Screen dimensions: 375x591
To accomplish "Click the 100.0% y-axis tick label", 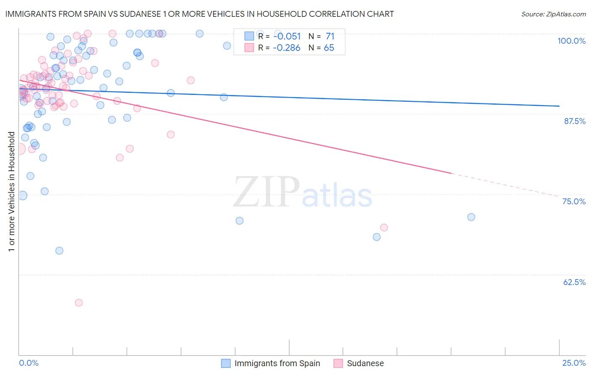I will click(571, 41).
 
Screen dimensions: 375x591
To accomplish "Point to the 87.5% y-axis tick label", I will click(575, 121).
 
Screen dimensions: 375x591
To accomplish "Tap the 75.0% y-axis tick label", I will click(574, 201).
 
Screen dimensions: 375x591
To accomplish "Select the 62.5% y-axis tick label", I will click(574, 282).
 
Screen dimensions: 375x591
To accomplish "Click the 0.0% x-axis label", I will click(29, 363).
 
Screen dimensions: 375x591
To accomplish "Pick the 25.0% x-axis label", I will click(574, 363).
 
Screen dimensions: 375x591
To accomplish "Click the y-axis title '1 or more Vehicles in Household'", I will click(11, 192).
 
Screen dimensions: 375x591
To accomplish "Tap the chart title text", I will click(199, 14).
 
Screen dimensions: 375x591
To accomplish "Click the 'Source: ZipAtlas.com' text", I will click(553, 14).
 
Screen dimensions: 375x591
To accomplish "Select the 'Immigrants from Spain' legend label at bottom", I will click(277, 363).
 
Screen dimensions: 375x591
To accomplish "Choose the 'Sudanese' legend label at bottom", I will click(365, 363).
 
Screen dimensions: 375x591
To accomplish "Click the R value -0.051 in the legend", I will click(287, 36).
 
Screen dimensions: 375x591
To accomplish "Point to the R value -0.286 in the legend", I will click(286, 48).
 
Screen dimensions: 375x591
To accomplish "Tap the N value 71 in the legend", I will click(330, 36).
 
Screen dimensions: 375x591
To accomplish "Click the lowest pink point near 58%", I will click(79, 303).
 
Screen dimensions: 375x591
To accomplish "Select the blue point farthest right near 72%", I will click(471, 217).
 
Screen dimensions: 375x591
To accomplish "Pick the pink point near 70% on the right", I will click(384, 227).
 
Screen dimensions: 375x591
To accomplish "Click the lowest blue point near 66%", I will click(59, 251).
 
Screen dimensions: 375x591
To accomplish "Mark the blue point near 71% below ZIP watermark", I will click(240, 221).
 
